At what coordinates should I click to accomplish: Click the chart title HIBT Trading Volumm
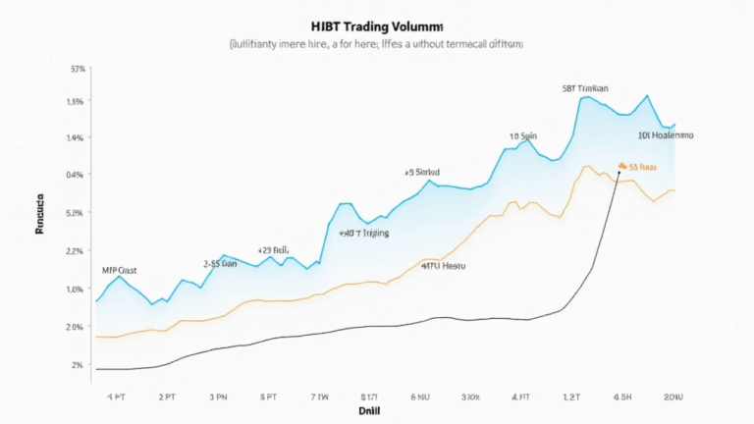[x=377, y=26]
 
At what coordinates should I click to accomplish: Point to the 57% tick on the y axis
[x=79, y=69]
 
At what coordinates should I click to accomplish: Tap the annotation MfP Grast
[x=120, y=269]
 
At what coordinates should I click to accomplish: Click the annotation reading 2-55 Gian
[x=220, y=264]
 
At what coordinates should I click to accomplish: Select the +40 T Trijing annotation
[x=363, y=234]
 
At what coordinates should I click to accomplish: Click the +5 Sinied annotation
[x=421, y=172]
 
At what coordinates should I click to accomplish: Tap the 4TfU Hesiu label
[x=443, y=266]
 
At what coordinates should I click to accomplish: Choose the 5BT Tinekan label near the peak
[x=585, y=88]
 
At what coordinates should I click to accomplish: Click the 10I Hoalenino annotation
[x=666, y=135]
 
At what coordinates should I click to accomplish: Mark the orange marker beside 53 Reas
[x=621, y=166]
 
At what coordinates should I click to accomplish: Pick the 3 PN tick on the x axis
[x=217, y=397]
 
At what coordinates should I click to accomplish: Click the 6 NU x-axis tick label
[x=420, y=397]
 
